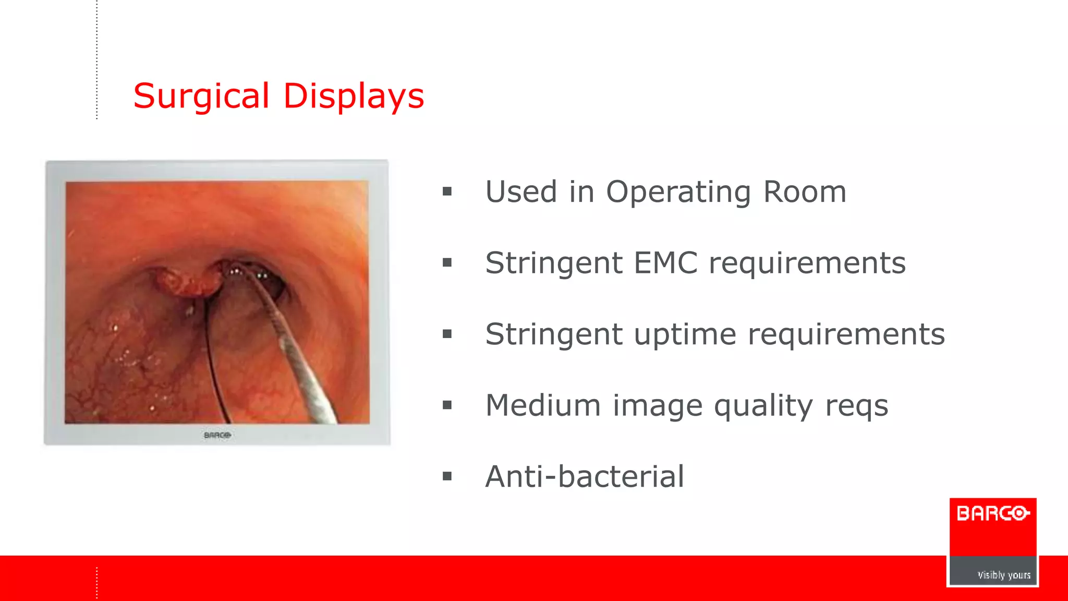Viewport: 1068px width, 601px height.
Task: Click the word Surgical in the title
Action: click(201, 97)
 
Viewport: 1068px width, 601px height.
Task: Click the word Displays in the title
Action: click(353, 97)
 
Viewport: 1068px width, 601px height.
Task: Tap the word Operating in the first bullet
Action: click(677, 192)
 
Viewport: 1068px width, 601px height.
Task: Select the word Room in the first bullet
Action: click(804, 192)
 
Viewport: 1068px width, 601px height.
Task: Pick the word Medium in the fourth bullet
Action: click(542, 405)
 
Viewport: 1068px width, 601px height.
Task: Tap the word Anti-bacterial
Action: click(584, 476)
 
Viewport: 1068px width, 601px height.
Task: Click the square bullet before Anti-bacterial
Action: click(447, 476)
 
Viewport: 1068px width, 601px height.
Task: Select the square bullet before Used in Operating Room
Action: click(447, 191)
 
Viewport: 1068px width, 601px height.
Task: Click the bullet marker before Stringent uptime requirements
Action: click(447, 334)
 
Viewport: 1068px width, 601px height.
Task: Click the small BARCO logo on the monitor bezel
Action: click(217, 435)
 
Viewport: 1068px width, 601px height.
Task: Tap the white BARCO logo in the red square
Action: click(992, 513)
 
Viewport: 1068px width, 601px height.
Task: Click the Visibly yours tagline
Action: click(1003, 575)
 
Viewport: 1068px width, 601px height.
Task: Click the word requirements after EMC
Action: click(807, 263)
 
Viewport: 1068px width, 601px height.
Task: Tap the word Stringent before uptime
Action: click(553, 334)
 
